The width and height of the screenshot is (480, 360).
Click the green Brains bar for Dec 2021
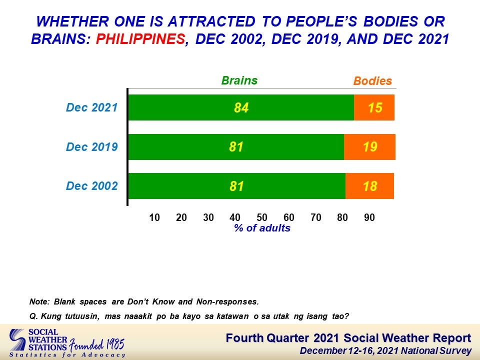coord(241,107)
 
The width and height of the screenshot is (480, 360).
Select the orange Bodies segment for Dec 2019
coord(369,147)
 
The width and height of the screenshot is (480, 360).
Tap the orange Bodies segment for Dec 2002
coord(369,186)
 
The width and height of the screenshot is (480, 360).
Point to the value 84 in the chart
coord(241,108)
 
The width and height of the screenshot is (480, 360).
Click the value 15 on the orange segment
coord(375,108)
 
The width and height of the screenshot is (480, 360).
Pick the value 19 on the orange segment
coord(370,147)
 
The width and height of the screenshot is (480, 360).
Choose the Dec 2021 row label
coord(92,107)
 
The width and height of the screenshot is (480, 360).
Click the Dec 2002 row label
coord(92,186)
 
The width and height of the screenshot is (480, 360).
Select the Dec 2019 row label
coord(92,146)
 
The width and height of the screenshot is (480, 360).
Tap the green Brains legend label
coord(239,80)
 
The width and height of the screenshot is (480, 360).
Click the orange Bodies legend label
coord(372,81)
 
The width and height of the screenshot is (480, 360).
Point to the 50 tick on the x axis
coord(261,217)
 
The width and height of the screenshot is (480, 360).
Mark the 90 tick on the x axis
coord(369,217)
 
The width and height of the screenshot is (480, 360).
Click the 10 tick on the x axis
coord(154,217)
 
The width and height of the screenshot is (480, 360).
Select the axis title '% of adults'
coord(262,228)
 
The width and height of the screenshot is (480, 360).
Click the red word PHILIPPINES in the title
coord(140,39)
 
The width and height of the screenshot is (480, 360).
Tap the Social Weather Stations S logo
coord(17,340)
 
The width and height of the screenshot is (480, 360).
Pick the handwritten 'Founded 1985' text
coord(96,345)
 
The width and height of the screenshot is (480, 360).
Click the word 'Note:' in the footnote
coord(39,301)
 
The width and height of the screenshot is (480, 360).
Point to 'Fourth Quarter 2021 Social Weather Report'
coord(348,338)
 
